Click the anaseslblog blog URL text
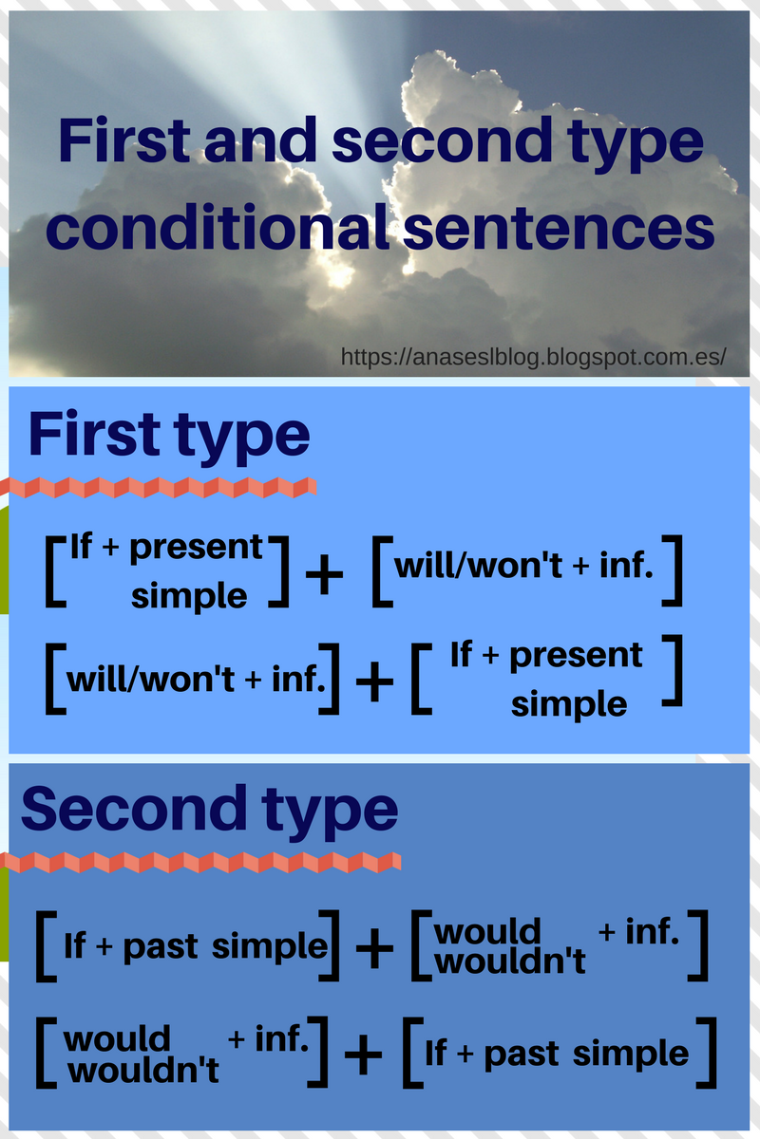point(534,357)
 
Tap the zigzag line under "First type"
point(161,488)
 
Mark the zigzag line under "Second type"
point(199,862)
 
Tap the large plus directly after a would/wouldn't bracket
point(362,1055)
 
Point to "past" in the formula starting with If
point(161,946)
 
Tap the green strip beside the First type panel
point(4,560)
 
